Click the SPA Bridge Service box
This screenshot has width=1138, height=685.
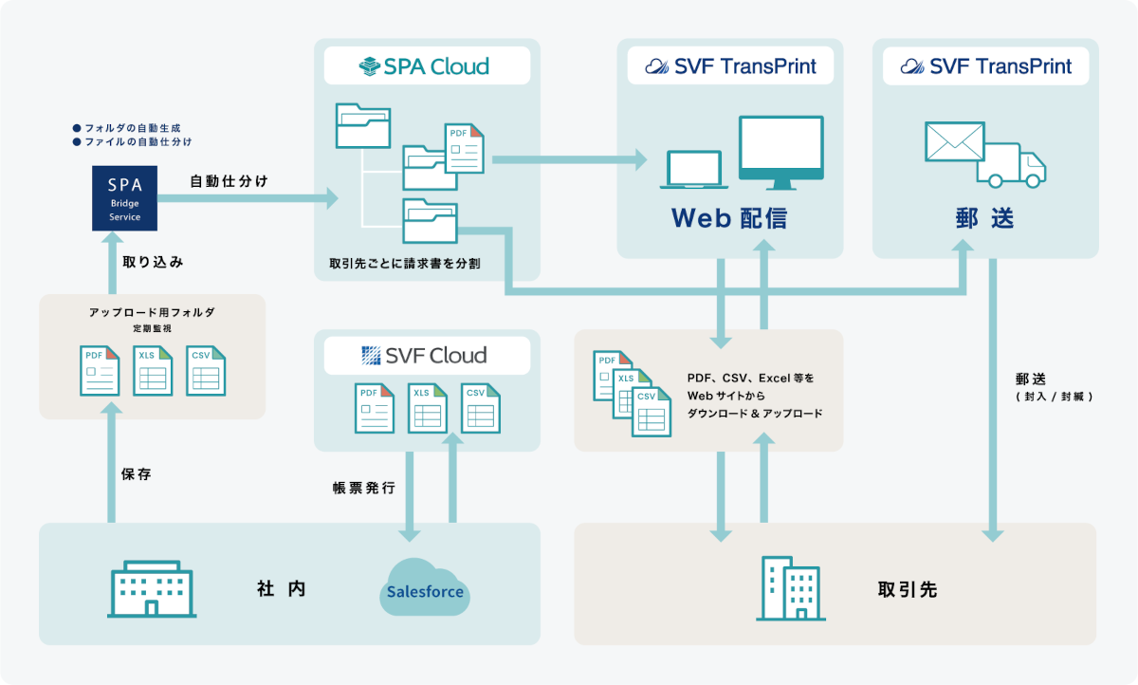[124, 197]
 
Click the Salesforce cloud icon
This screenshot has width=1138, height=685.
[425, 589]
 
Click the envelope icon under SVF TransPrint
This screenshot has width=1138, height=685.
[955, 143]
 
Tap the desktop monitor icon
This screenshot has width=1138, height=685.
[780, 152]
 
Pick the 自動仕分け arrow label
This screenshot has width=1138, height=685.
[229, 180]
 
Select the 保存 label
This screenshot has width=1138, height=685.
[137, 474]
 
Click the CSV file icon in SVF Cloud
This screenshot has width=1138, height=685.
[480, 408]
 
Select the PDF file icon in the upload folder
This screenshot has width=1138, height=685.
[101, 370]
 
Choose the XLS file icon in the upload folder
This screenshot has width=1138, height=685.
[153, 370]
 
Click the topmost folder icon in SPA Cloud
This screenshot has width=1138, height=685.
[362, 126]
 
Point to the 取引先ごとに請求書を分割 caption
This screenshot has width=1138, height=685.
[404, 263]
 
